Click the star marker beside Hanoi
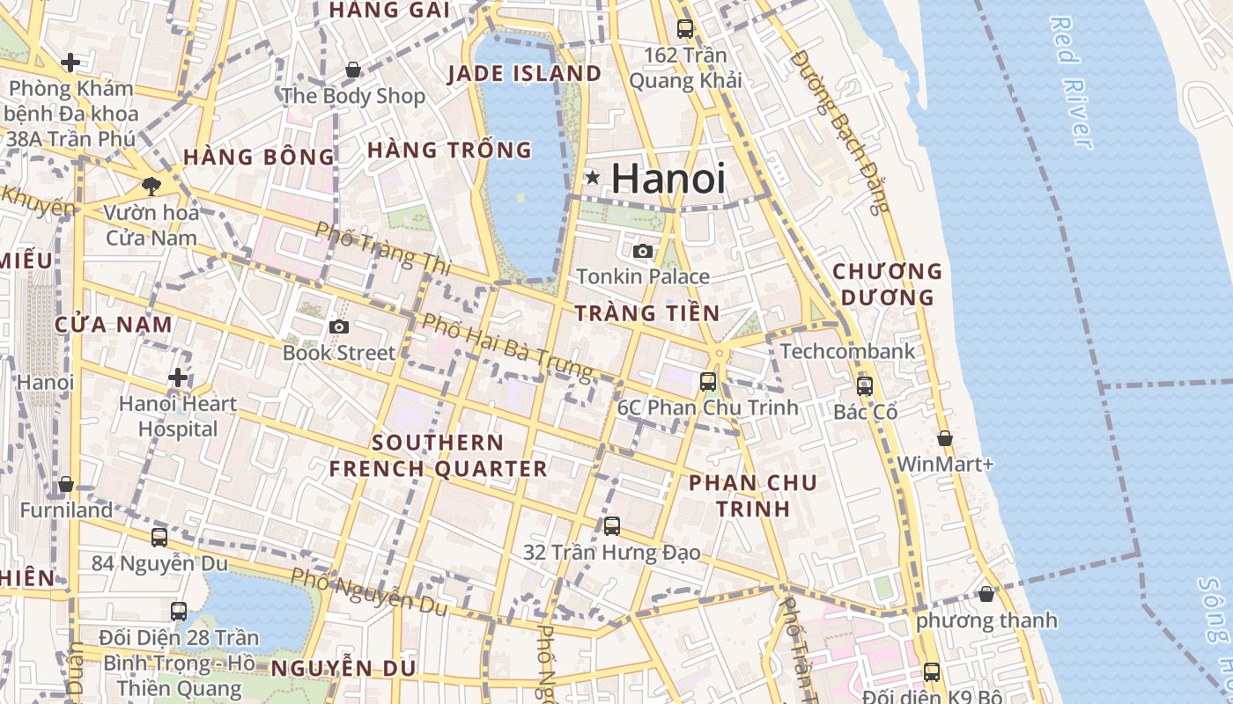(x=593, y=178)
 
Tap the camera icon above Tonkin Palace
(x=643, y=252)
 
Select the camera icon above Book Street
(x=338, y=327)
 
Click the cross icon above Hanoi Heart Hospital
(x=178, y=378)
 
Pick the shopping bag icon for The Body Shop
(x=352, y=69)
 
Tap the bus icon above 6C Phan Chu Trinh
(x=708, y=381)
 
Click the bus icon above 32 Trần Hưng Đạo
(x=612, y=526)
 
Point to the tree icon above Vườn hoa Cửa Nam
(x=151, y=185)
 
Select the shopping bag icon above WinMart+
(x=945, y=437)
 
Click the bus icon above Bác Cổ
(x=865, y=385)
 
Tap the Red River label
(x=1071, y=82)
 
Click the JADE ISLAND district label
(x=524, y=73)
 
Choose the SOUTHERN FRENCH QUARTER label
(x=438, y=455)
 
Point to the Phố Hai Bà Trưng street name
(x=507, y=347)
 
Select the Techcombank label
(x=847, y=351)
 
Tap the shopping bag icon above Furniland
(x=66, y=485)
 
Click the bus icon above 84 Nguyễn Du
(x=159, y=537)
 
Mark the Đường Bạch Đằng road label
(x=841, y=132)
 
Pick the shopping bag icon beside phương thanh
(x=986, y=594)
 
